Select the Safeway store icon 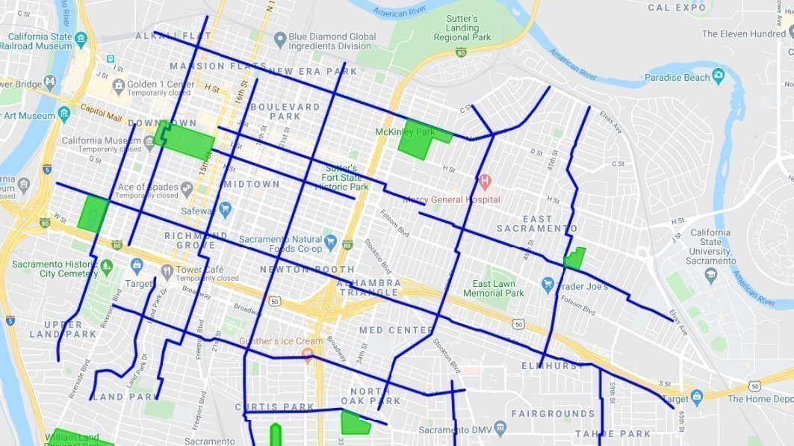[225, 211]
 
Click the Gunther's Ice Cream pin [306, 356]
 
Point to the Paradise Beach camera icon [719, 75]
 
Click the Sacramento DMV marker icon [500, 428]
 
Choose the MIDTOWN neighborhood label [252, 184]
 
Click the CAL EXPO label [677, 7]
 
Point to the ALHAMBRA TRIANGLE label [368, 288]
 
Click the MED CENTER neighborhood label [396, 330]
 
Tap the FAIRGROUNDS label [553, 413]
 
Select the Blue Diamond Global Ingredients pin [280, 38]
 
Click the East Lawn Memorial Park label [498, 288]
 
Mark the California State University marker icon [710, 275]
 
